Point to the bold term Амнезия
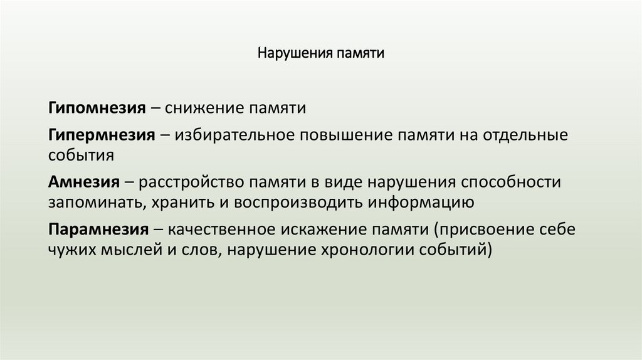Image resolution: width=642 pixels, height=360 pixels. pyautogui.click(x=83, y=182)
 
